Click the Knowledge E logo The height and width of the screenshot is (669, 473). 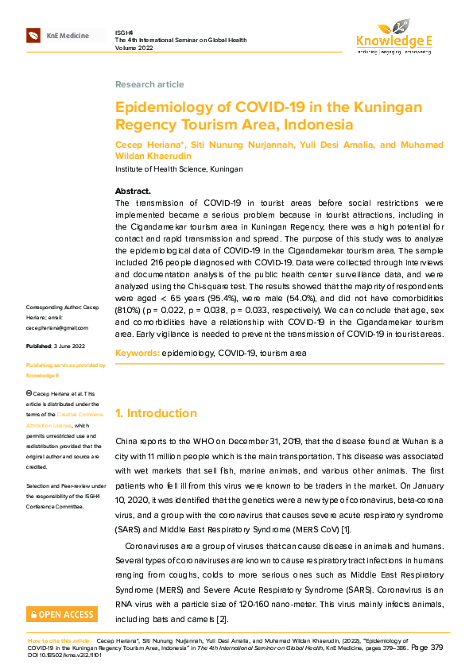(x=394, y=37)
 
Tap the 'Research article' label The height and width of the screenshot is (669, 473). (x=149, y=84)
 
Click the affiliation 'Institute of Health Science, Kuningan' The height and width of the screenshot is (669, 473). (x=179, y=169)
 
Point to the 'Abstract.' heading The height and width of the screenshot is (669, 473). (x=133, y=191)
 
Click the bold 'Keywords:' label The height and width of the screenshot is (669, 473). (x=137, y=352)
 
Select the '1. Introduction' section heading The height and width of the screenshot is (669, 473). (x=156, y=413)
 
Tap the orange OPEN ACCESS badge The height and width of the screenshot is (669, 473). (x=62, y=614)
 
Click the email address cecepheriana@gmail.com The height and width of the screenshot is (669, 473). (x=57, y=327)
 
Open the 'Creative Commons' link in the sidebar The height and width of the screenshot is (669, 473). (x=78, y=416)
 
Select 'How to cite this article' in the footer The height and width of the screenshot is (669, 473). (x=59, y=640)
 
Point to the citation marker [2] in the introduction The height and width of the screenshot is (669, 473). (x=223, y=618)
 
